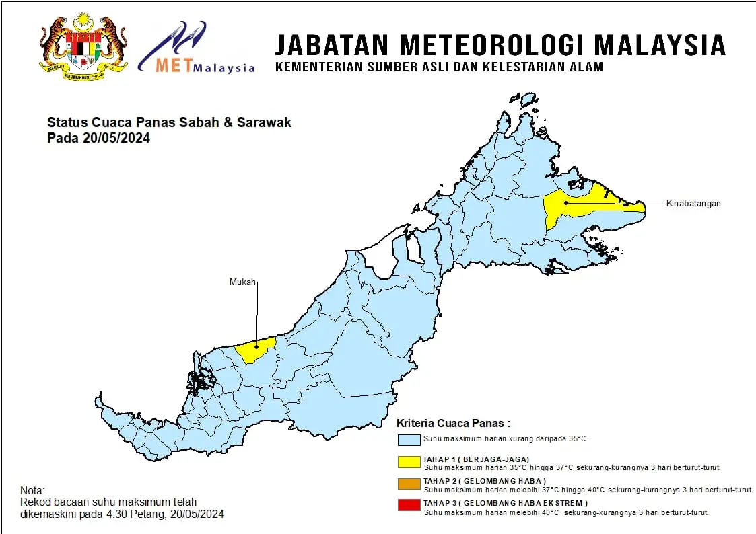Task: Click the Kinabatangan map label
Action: (693, 203)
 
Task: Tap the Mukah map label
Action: (243, 282)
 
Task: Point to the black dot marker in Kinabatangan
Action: (565, 202)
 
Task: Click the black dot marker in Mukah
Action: (256, 344)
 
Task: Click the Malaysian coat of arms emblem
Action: (84, 44)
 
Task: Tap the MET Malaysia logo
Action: (197, 48)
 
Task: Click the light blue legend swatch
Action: (409, 440)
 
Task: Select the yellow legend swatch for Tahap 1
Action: (409, 461)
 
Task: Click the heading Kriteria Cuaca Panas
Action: (453, 423)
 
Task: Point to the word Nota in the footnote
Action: (32, 491)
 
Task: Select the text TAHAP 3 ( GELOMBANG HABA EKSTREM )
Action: (505, 503)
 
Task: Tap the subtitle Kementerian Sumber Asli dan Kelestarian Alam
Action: (439, 67)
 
